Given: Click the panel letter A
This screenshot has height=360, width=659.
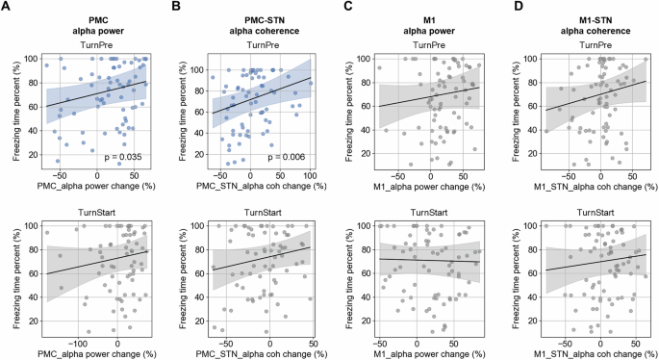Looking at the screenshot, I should [8, 9].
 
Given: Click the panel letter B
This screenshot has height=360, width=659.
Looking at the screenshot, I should [173, 9].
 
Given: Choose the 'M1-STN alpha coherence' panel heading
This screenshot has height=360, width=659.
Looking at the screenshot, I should [593, 24].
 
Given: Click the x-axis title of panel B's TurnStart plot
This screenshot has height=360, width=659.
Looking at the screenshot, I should [262, 352].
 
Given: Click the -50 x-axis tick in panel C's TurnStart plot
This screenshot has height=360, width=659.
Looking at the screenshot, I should [378, 342].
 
